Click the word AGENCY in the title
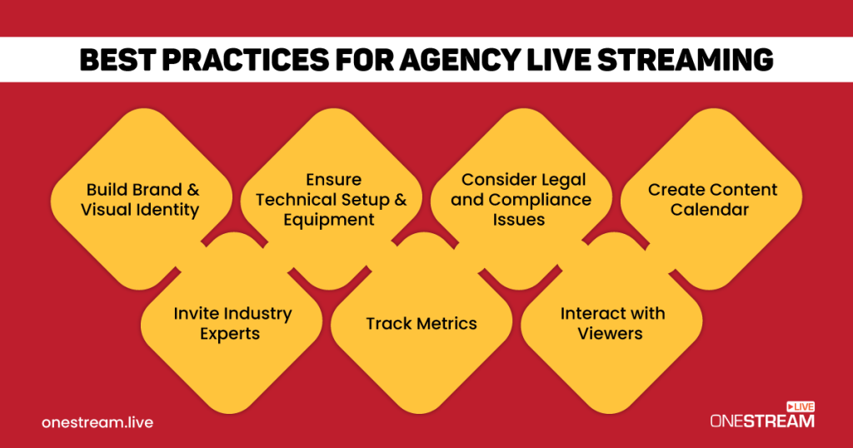point(404,60)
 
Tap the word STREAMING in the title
point(691,60)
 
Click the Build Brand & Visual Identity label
point(140,200)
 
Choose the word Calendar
point(710,210)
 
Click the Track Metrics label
point(422,323)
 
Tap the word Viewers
point(612,334)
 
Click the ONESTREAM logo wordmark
point(761,421)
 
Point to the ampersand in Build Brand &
point(192,190)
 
